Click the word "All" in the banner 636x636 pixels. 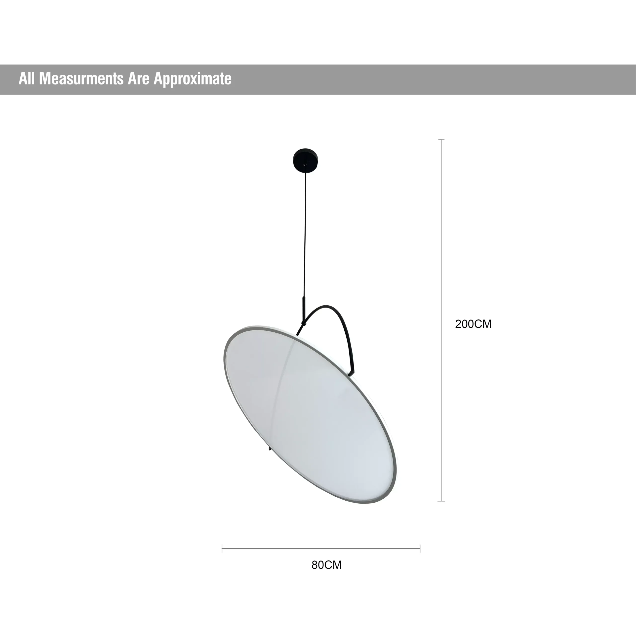(x=27, y=79)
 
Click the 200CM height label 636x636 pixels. (x=473, y=324)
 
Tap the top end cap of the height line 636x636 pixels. (x=441, y=140)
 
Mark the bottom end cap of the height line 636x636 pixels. (x=441, y=502)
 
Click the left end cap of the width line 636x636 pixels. (x=222, y=549)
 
